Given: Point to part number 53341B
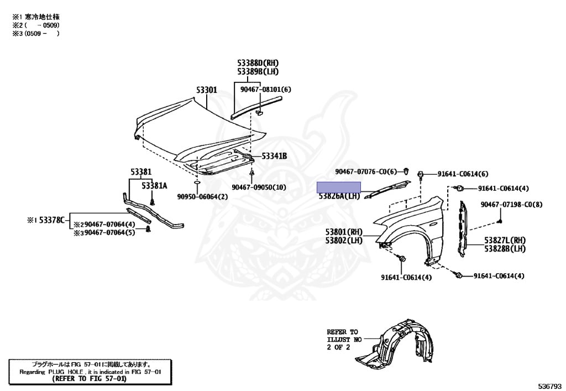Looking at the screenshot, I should click(x=274, y=157).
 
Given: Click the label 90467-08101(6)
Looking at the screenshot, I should click(x=265, y=89).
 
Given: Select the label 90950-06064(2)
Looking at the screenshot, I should click(x=202, y=196).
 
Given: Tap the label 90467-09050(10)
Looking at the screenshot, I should click(x=259, y=187).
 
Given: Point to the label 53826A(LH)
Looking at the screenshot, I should click(x=338, y=196).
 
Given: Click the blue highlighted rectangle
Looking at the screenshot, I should click(x=338, y=186).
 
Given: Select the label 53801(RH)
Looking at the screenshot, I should click(x=343, y=232).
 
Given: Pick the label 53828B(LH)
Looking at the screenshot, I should click(x=504, y=249).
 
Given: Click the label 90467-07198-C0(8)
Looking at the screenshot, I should click(x=511, y=205).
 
